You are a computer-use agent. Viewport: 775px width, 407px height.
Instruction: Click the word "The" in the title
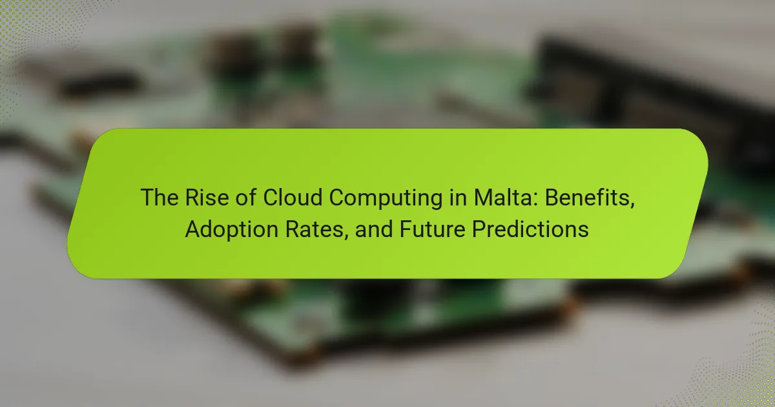pos(160,197)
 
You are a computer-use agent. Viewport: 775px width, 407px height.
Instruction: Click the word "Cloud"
pos(293,197)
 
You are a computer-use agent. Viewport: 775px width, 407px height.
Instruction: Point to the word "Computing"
pos(386,200)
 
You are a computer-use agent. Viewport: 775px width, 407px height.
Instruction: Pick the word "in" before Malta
pos(458,197)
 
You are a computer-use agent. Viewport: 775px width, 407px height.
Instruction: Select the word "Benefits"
pos(588,197)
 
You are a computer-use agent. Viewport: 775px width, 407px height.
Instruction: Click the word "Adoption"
pos(231,231)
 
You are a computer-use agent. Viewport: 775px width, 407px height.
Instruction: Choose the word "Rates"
pos(314,229)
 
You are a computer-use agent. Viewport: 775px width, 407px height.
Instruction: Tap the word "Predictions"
pos(530,229)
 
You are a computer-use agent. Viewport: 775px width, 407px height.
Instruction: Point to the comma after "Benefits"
pos(632,205)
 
